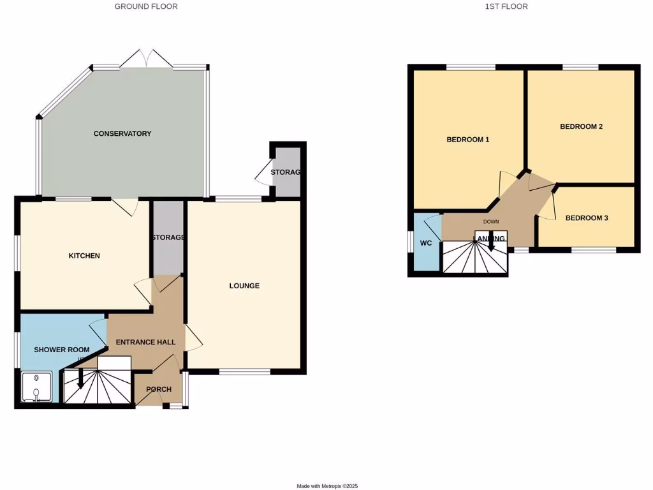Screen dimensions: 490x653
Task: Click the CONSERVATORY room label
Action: pos(122,133)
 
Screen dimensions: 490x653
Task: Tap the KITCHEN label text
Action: pos(84,256)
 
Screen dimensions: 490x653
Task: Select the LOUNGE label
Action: pos(244,286)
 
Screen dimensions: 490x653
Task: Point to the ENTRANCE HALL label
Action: pos(145,342)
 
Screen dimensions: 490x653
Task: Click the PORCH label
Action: pos(159,389)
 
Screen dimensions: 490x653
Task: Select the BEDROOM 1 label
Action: pos(467,139)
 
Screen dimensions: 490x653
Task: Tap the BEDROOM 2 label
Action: pos(581,126)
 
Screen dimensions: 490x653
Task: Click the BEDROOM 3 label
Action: pos(587,218)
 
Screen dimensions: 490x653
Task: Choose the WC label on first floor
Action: pos(425,243)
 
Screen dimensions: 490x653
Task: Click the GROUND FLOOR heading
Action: pos(146,6)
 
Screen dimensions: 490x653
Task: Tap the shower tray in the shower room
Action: pos(36,388)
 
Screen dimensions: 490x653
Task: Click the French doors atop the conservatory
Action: pos(147,59)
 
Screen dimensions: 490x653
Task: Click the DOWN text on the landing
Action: pos(491,222)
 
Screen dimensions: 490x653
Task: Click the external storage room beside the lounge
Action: pos(286,172)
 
